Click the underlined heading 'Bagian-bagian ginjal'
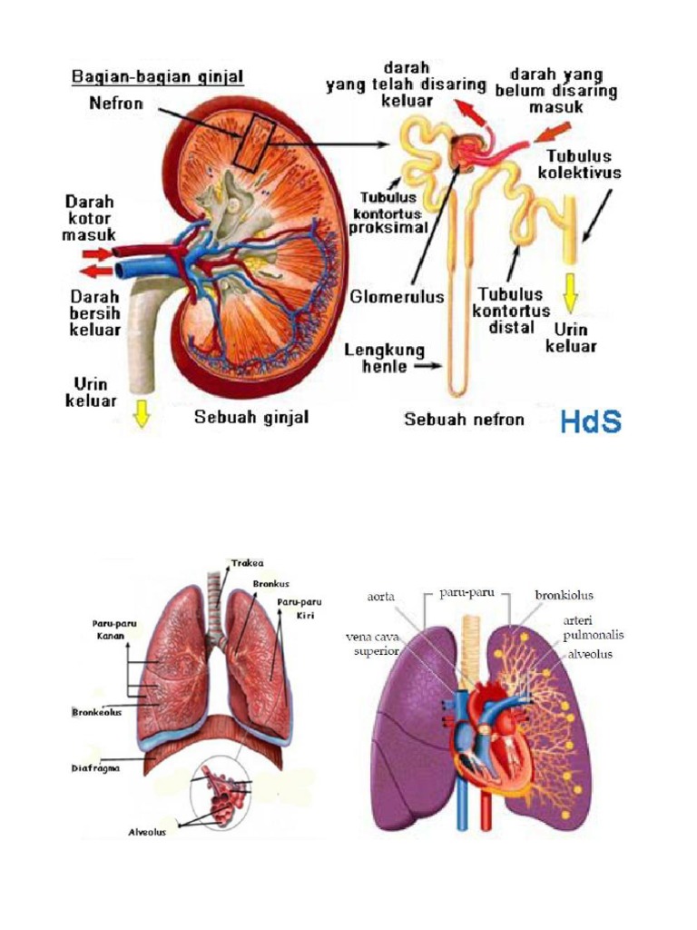coord(158,77)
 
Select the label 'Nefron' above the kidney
coord(116,104)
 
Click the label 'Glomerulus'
coord(397,296)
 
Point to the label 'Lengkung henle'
coord(385,358)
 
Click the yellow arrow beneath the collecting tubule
coord(571,293)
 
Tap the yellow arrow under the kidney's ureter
coord(141,413)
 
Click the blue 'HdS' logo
coord(591,421)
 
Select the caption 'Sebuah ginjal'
coord(252,417)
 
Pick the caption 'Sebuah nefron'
coord(464,420)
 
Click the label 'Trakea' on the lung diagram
coord(247,563)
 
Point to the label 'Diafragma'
coord(95,768)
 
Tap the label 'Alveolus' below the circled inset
coord(148,832)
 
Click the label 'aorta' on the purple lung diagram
coord(380,597)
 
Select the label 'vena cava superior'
coord(373,644)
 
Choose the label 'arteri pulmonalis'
coord(594,628)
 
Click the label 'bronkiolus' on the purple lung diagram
coord(564,595)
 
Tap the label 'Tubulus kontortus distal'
coord(511,311)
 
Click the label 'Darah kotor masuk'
coord(90,218)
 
